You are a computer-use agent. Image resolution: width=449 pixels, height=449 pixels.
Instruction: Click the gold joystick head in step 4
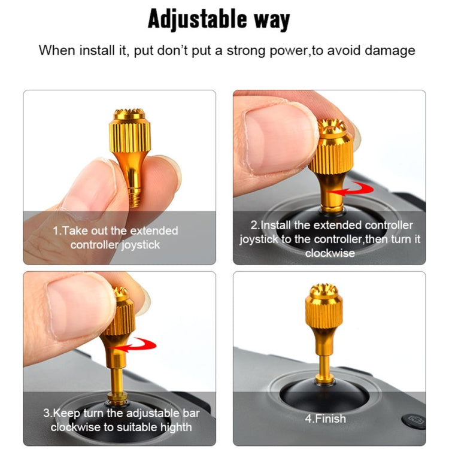point(324,309)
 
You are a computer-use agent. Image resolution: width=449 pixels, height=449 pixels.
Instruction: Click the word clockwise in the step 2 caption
point(329,253)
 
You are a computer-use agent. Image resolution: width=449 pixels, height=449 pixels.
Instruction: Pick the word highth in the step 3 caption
point(173,427)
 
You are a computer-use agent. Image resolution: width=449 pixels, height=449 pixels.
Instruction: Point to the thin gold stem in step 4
point(325,357)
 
